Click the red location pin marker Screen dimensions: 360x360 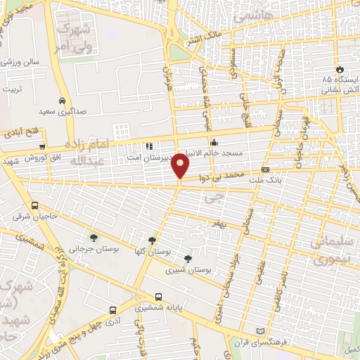point(181,166)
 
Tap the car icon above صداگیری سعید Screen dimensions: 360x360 point(63,100)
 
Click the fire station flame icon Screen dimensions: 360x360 point(340,70)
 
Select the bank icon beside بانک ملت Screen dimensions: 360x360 point(264,169)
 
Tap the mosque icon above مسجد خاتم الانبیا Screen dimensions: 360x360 point(214,143)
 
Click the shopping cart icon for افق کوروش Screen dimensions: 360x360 point(43,146)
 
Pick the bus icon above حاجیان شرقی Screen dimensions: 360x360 point(35,205)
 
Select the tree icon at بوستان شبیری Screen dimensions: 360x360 point(186,258)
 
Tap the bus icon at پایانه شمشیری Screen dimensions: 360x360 point(158,297)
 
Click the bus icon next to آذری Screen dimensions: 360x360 point(112,309)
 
